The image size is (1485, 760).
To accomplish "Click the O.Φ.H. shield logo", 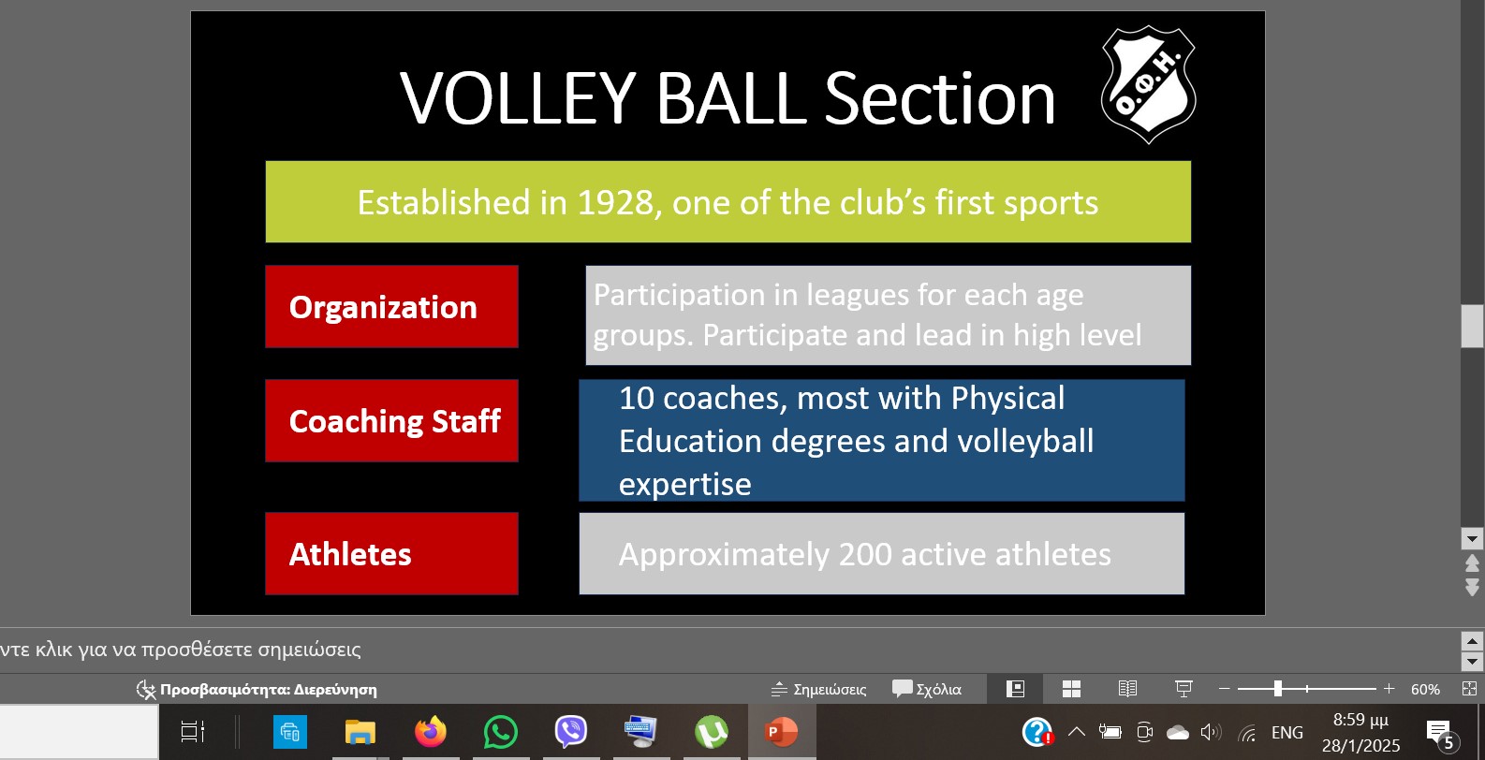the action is (x=1148, y=84).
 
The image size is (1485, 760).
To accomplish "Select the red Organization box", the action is (x=391, y=307).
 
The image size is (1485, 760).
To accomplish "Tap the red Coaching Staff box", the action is (x=391, y=421).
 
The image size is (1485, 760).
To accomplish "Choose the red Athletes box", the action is (x=391, y=553).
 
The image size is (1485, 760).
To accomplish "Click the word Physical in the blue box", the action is (x=1007, y=398).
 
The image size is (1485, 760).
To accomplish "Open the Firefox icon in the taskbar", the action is (x=431, y=732).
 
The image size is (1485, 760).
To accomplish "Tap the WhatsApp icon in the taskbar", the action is (x=501, y=732).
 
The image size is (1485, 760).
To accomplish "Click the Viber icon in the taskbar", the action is (x=571, y=732).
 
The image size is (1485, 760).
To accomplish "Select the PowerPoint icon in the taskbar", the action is (x=781, y=732).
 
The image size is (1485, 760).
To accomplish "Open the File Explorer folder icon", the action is (x=360, y=733).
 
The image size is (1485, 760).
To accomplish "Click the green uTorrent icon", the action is (x=712, y=732).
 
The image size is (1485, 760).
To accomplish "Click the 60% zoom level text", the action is (x=1425, y=689).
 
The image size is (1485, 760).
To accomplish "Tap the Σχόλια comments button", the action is (x=927, y=689).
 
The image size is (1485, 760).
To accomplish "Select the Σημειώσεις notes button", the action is (x=818, y=689).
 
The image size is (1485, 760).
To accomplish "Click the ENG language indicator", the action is (x=1287, y=732).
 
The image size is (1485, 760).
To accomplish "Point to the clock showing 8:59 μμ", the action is (x=1361, y=720).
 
